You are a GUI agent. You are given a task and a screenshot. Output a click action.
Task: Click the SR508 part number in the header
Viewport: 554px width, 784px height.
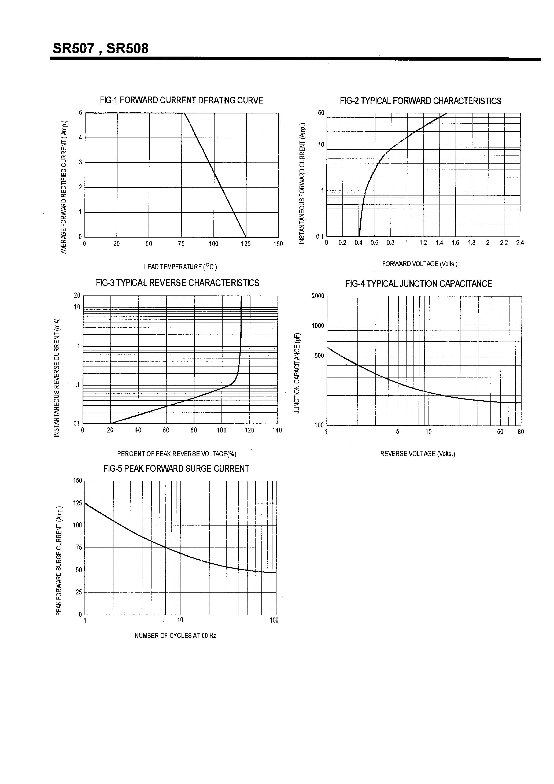127,49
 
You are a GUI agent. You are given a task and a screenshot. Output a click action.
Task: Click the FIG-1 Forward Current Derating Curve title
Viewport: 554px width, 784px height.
181,100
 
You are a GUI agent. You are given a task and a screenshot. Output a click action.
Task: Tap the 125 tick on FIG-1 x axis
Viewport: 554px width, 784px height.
246,244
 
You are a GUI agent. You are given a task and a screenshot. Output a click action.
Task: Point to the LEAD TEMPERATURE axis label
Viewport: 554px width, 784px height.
180,267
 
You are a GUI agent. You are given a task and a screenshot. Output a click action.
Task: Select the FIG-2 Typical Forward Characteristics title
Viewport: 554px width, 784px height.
420,101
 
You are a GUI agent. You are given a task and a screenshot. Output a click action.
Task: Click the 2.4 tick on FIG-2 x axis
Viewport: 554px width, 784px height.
520,243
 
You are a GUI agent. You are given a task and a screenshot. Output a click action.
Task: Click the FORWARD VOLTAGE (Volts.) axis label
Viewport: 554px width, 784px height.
419,264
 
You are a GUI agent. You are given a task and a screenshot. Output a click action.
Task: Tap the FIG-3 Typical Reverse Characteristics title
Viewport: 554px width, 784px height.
177,283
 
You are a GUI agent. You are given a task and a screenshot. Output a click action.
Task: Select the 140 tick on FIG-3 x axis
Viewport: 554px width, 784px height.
277,430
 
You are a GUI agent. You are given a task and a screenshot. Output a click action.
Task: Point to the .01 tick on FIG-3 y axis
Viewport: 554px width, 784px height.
76,424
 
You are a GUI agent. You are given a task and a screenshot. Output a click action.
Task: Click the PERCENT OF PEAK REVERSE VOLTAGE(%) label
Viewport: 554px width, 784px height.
177,454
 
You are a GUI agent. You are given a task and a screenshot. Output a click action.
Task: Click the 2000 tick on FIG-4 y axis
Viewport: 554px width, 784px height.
318,296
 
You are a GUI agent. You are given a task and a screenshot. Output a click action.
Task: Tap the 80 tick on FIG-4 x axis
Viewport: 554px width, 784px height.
520,432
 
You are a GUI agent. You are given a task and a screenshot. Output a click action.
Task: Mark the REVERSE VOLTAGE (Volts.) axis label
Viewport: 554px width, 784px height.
418,454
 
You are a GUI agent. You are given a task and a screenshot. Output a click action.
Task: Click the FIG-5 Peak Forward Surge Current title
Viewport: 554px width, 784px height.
176,469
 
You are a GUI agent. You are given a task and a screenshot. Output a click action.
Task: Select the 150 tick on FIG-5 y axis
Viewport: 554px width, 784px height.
77,481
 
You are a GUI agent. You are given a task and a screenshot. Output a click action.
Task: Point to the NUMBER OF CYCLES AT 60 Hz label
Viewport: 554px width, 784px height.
175,635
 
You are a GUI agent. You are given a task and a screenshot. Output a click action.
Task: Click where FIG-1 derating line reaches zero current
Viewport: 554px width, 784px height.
246,237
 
